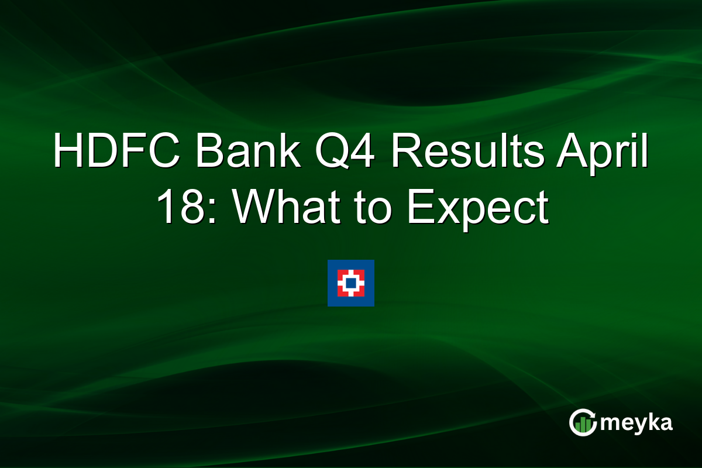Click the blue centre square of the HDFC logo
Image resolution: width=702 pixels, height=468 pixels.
(x=350, y=283)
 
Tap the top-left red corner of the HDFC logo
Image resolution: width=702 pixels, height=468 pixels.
(x=340, y=273)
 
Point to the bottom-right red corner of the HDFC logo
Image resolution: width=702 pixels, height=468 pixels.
(x=360, y=293)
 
